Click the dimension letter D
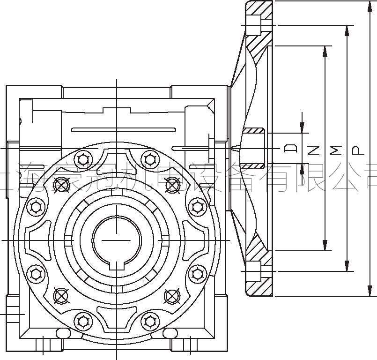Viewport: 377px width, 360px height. click(291, 149)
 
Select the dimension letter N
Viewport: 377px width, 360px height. click(314, 150)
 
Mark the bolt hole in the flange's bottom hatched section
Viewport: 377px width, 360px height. click(254, 271)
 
